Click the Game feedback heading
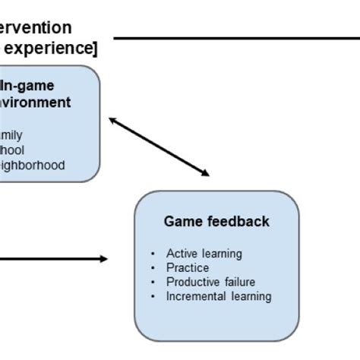coord(216,221)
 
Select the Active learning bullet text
coord(204,254)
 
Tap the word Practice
coord(188,268)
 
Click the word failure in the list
coord(238,282)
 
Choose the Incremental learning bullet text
coord(219,296)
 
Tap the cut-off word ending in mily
coord(12,135)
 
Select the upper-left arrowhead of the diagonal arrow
coord(112,120)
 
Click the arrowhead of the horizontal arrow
coord(103,259)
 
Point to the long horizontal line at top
coord(235,37)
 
